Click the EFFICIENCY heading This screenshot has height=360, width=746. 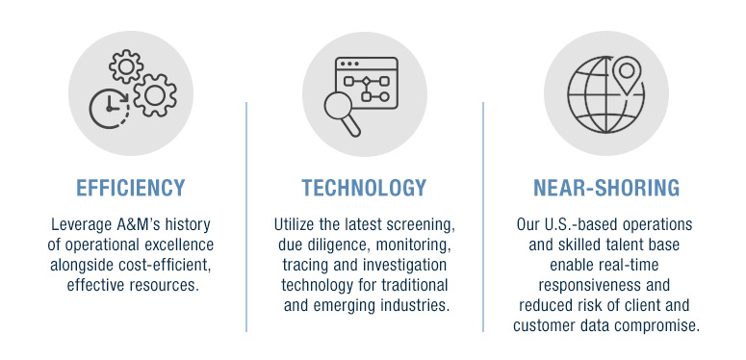130,188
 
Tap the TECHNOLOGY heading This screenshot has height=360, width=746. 364,188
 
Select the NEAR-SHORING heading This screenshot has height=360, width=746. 606,188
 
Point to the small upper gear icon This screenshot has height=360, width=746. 126,66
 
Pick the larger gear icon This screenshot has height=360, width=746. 155,95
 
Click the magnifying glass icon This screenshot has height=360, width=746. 343,114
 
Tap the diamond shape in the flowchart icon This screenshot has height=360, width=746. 366,81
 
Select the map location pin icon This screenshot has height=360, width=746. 627,75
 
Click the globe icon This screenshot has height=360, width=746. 605,95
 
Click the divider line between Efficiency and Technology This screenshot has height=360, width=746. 246,217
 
